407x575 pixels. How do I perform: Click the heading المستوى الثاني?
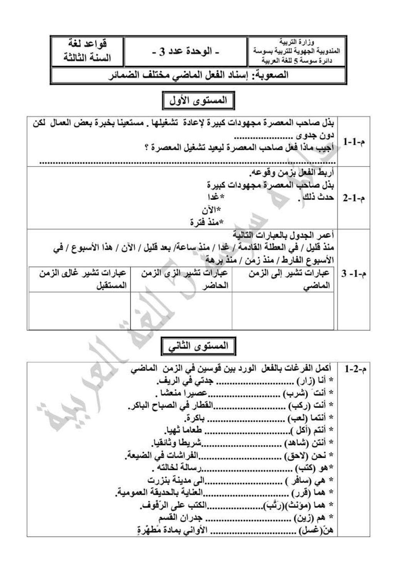point(198,346)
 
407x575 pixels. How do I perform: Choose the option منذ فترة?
point(207,222)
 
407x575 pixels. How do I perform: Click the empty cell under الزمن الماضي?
point(283,310)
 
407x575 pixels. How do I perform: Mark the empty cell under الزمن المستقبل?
point(79,310)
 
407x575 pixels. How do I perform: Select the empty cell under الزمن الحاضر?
point(181,310)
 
